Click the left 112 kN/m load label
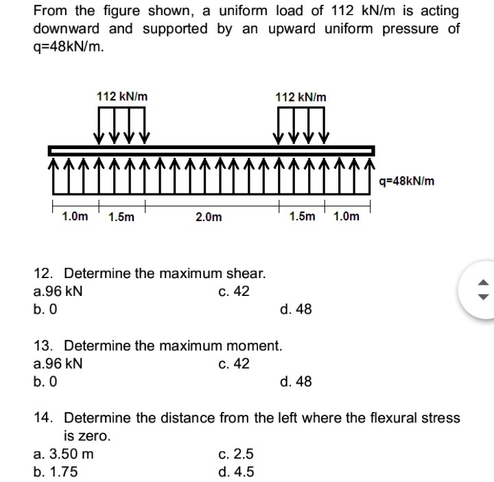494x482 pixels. point(121,97)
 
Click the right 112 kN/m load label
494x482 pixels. point(301,97)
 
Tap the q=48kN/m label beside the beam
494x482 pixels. point(406,181)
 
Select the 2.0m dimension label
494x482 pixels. point(209,217)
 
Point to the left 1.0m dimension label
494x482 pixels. point(75,216)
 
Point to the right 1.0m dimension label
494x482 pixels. point(346,216)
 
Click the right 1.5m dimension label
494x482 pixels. point(303,216)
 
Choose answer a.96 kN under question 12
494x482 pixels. point(58,291)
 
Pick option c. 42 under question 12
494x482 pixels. point(234,291)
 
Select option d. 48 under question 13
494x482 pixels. point(296,381)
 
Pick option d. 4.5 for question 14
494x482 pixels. point(235,472)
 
